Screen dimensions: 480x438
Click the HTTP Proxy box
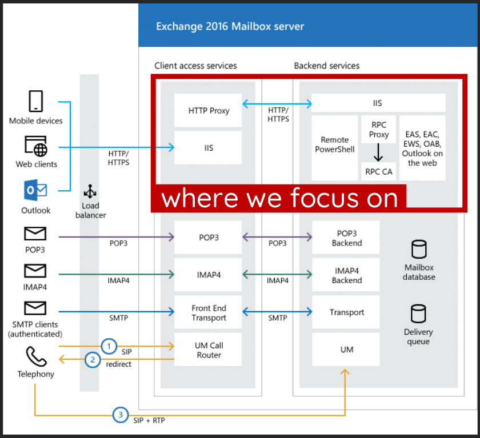208,110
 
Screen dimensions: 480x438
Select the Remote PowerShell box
335,148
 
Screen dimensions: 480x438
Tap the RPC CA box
378,171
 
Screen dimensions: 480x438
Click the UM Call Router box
208,349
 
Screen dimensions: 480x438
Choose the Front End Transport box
208,312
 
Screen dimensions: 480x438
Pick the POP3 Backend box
346,238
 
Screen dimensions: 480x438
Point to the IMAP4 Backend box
346,275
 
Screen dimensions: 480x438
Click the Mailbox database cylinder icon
419,250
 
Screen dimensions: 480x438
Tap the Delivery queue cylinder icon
418,314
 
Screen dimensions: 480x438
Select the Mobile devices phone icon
36,101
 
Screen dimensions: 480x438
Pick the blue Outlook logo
35,190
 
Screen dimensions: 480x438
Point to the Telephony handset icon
36,356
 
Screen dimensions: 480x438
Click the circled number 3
121,415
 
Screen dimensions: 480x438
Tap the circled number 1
109,346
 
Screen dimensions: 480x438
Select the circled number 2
93,360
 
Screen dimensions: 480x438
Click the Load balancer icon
90,191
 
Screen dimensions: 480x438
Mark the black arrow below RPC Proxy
378,152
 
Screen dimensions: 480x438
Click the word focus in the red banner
324,198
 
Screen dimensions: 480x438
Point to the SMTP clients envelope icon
35,308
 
